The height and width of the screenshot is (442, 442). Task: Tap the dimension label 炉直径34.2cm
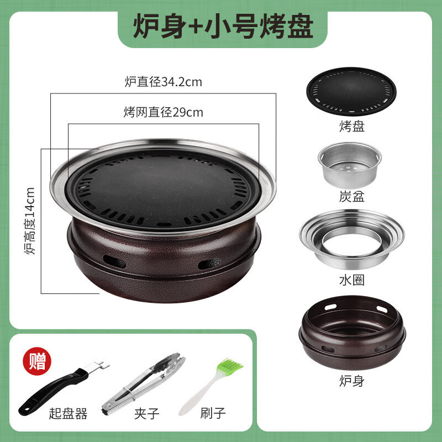coord(163,82)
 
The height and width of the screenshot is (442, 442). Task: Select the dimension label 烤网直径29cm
coord(163,113)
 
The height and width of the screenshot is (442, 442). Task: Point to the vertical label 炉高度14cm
coord(30,221)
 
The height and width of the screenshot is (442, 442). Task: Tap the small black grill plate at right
coord(351,91)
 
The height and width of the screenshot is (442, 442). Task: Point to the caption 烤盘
coord(352,127)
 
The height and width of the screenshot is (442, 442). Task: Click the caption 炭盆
coord(352,196)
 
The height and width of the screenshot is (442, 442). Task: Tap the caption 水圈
coord(352,280)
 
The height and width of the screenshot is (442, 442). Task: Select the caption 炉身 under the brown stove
coord(352,380)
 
